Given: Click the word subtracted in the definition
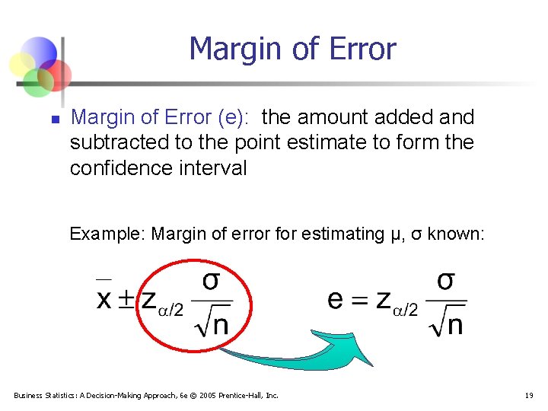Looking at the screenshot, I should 118,142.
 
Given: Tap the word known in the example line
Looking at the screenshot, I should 454,234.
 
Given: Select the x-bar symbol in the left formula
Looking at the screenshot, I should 105,297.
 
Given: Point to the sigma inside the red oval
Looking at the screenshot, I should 211,281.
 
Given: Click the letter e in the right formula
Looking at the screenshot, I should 335,299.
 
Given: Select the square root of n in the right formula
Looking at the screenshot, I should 445,324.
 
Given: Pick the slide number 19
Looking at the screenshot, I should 528,395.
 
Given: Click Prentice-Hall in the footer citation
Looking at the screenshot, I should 244,395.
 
